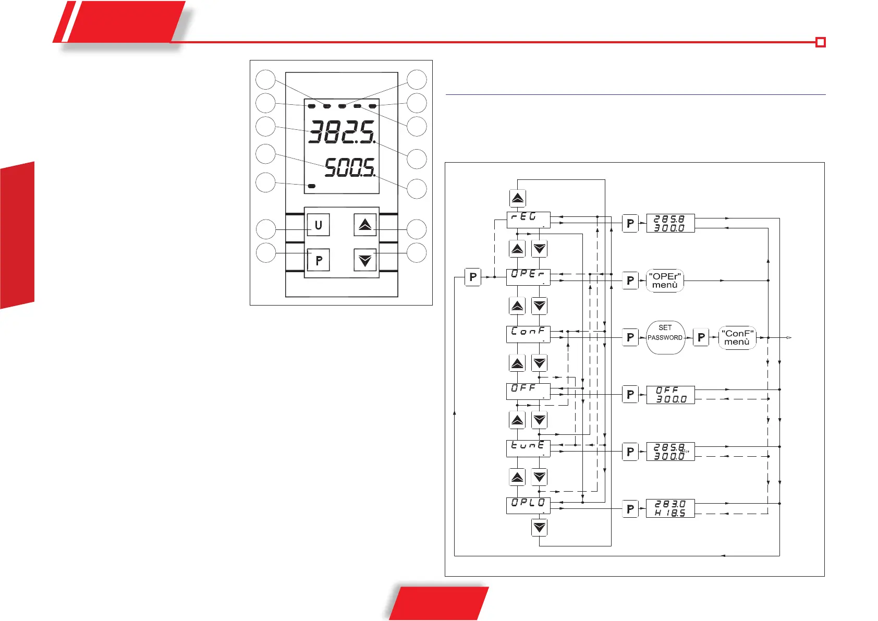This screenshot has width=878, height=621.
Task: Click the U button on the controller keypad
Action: click(318, 225)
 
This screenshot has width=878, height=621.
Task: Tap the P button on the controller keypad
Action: click(318, 260)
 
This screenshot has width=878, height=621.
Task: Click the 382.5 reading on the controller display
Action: click(342, 132)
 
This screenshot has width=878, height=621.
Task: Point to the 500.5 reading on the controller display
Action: click(349, 168)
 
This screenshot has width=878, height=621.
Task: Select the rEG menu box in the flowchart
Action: click(528, 220)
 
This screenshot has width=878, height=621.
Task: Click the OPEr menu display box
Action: click(528, 277)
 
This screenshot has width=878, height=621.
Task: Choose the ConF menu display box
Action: click(528, 334)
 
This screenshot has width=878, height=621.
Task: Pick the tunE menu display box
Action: click(528, 448)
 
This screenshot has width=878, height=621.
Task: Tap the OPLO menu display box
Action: click(528, 505)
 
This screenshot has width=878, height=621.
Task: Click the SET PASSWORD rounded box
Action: click(665, 337)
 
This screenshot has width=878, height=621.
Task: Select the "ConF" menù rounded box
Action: click(737, 337)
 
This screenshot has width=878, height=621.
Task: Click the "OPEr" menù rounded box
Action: click(665, 281)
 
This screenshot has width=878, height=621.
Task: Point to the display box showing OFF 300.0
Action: click(670, 395)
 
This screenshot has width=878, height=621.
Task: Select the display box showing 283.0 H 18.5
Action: click(670, 508)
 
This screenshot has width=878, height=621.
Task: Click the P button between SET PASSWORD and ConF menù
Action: click(701, 337)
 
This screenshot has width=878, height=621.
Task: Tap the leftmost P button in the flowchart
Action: click(472, 277)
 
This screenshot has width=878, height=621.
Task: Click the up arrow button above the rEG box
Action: click(517, 198)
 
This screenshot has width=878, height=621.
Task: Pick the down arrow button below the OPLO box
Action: click(539, 528)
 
